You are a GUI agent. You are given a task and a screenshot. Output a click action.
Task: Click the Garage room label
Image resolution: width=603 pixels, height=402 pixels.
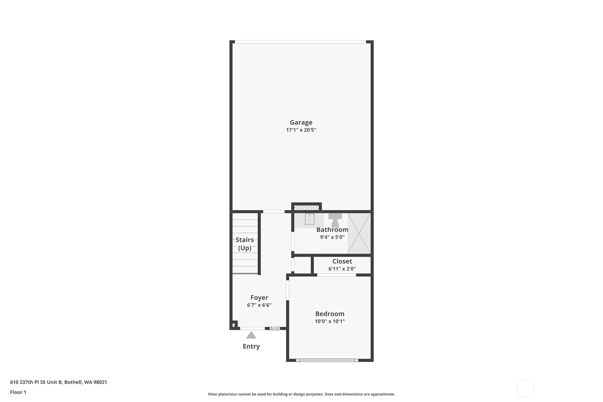click(301, 123)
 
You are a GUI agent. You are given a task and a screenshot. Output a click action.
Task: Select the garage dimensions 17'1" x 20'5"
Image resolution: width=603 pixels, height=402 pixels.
click(301, 130)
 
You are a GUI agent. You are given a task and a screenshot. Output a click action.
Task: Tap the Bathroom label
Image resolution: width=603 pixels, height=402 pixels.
click(332, 230)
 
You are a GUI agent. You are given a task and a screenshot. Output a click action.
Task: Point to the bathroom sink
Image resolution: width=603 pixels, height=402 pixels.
click(309, 219)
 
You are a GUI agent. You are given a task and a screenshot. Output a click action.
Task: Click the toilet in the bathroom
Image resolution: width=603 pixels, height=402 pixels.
click(335, 220)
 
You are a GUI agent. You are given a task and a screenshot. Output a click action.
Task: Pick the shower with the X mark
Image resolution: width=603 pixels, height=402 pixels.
click(359, 234)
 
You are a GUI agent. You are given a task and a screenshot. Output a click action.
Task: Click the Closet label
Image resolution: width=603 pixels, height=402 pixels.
click(342, 261)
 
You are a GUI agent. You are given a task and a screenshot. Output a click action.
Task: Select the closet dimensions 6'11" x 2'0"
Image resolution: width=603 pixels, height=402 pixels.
click(342, 269)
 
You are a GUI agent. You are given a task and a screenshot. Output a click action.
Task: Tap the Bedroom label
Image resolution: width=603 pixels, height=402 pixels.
click(330, 314)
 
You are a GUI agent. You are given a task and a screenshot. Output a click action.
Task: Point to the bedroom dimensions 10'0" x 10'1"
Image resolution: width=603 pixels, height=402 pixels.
click(330, 321)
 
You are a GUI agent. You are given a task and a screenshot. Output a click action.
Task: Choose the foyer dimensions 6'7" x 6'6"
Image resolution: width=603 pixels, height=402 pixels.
click(259, 305)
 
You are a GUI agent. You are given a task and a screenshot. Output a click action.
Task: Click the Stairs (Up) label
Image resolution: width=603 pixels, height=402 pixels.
click(244, 244)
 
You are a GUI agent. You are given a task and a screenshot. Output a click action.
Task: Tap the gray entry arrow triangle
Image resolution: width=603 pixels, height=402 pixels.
click(251, 335)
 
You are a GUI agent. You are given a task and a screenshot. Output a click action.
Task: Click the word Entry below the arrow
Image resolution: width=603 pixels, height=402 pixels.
click(251, 346)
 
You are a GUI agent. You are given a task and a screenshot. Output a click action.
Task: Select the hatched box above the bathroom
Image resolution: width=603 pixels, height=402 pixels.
click(306, 208)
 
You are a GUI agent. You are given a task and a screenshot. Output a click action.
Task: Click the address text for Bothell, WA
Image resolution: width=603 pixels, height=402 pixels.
click(59, 382)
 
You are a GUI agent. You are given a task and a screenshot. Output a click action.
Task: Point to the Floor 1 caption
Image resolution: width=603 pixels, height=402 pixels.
click(18, 392)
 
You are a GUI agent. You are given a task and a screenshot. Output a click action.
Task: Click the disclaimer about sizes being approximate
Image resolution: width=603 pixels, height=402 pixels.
click(301, 394)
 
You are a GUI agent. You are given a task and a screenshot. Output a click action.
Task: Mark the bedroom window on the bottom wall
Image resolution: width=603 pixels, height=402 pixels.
click(327, 360)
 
